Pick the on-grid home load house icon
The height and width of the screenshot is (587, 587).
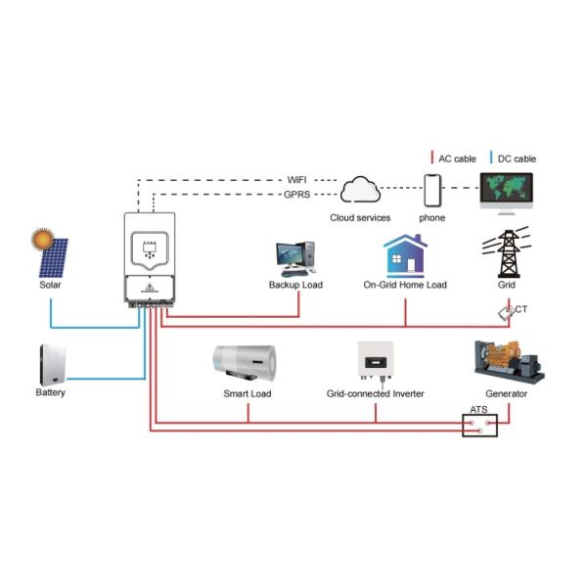tap(404, 254)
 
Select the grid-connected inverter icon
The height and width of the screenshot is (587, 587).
tap(377, 363)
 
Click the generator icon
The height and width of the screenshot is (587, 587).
tap(506, 362)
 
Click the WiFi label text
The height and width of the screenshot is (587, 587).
tap(297, 180)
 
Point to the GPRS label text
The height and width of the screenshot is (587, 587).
tap(297, 195)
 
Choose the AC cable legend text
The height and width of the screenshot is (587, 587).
tap(456, 158)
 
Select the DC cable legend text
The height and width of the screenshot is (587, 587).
tap(517, 158)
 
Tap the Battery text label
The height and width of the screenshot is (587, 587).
tap(51, 393)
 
